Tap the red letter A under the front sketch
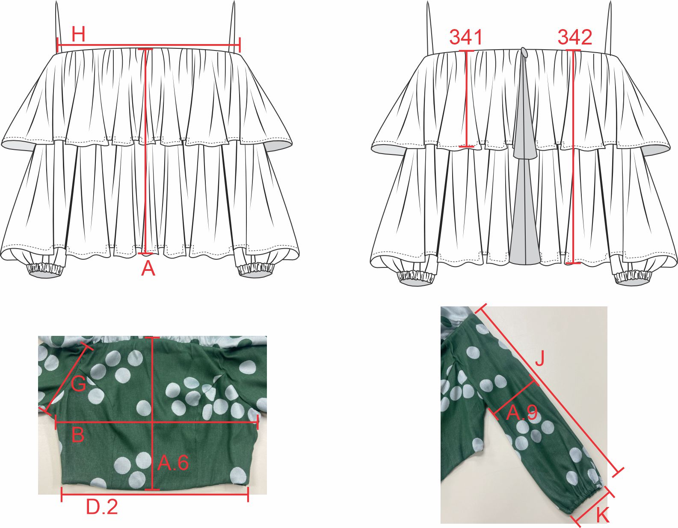click(x=148, y=268)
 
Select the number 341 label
click(x=465, y=37)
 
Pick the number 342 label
click(x=575, y=37)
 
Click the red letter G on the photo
click(x=79, y=383)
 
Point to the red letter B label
click(x=78, y=434)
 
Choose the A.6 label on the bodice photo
click(x=173, y=463)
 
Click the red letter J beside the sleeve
click(x=539, y=358)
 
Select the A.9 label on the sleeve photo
click(x=521, y=413)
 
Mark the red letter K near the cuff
click(x=602, y=515)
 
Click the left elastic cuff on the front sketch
click(x=47, y=269)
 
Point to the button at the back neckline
click(x=524, y=52)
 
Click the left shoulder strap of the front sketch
click(x=58, y=27)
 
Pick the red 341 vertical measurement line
click(x=466, y=98)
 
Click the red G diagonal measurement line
click(x=66, y=379)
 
